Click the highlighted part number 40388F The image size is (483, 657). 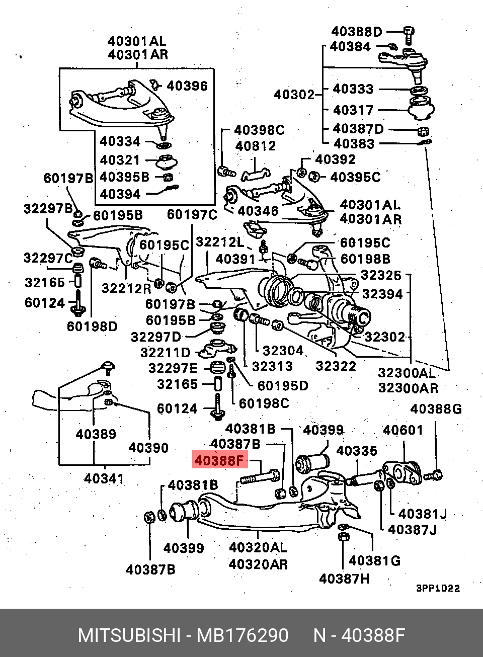tap(219, 460)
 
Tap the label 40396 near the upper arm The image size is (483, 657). tap(187, 86)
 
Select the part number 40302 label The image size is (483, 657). tap(294, 94)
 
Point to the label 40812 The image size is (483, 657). tap(256, 146)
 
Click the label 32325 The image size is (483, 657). tap(381, 275)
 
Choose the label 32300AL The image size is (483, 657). tap(407, 373)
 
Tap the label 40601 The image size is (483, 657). tap(403, 430)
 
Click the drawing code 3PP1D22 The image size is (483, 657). tap(438, 588)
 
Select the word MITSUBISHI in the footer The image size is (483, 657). tap(129, 635)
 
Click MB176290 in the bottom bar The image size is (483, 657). tap(243, 635)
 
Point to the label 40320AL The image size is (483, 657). tap(258, 547)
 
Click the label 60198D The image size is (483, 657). tap(92, 326)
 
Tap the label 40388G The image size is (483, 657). tap(436, 409)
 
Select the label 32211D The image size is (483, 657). tap(166, 353)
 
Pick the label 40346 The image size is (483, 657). tap(258, 211)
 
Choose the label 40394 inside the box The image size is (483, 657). tap(120, 194)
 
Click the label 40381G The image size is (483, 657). tap(374, 560)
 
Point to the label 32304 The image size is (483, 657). tap(283, 351)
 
